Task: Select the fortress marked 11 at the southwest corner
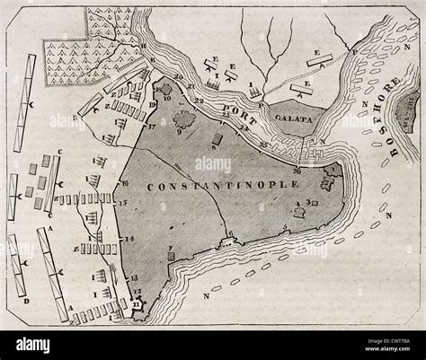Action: (x=138, y=306)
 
